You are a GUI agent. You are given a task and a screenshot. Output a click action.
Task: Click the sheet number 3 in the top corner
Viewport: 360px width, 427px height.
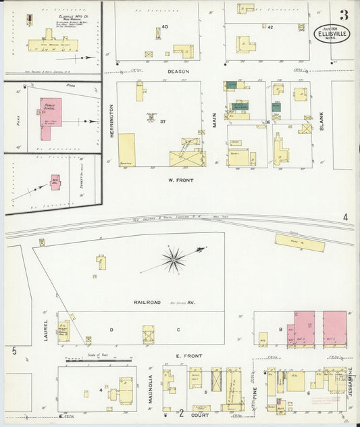pyautogui.click(x=344, y=15)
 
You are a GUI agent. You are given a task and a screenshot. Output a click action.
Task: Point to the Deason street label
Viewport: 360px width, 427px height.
pyautogui.click(x=178, y=71)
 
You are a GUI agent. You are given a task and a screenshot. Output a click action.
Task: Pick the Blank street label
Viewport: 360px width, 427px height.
pyautogui.click(x=322, y=122)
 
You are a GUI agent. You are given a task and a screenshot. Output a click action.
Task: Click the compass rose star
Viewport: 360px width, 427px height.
pyautogui.click(x=174, y=258)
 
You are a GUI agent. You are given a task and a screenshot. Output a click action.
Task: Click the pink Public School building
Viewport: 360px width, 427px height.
pyautogui.click(x=50, y=118)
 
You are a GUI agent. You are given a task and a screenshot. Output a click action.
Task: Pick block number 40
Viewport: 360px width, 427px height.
pyautogui.click(x=164, y=26)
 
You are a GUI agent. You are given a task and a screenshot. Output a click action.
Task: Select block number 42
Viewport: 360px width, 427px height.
pyautogui.click(x=270, y=27)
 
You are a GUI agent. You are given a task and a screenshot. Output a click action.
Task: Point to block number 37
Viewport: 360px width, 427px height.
pyautogui.click(x=163, y=121)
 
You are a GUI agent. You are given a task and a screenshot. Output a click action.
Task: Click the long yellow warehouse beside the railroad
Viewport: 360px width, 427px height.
pyautogui.click(x=299, y=242)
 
